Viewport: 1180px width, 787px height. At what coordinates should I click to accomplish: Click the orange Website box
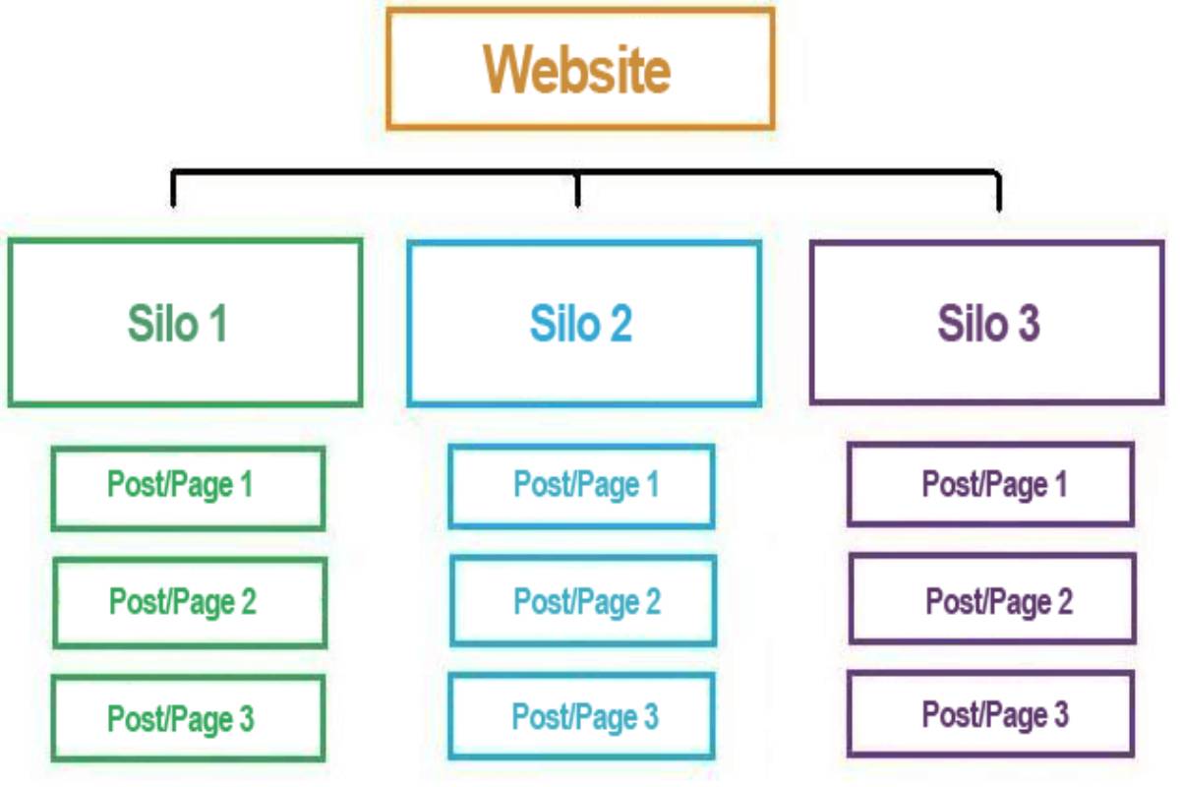pyautogui.click(x=580, y=69)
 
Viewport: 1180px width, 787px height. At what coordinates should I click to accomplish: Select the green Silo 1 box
pyautogui.click(x=186, y=323)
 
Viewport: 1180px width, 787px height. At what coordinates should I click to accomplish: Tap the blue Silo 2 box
pyautogui.click(x=584, y=323)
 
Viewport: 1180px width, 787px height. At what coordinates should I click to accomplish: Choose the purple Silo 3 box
pyautogui.click(x=987, y=323)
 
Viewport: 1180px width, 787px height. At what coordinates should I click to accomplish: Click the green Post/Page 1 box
pyautogui.click(x=188, y=488)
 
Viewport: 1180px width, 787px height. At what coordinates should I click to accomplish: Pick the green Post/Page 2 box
pyautogui.click(x=189, y=602)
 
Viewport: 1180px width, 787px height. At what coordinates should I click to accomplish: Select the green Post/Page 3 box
pyautogui.click(x=188, y=718)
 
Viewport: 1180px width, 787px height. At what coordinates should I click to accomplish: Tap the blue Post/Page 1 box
pyautogui.click(x=582, y=486)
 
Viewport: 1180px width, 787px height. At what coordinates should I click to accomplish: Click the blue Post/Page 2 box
pyautogui.click(x=584, y=600)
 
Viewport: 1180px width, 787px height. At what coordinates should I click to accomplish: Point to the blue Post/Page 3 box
pyautogui.click(x=582, y=716)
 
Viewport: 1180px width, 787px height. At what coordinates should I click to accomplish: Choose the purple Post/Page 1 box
pyautogui.click(x=990, y=484)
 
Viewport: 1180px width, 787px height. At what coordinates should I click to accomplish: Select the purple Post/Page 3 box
pyautogui.click(x=990, y=714)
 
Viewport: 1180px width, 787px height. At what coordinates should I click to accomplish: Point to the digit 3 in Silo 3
pyautogui.click(x=1027, y=324)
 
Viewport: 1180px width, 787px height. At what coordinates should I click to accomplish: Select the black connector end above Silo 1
pyautogui.click(x=174, y=192)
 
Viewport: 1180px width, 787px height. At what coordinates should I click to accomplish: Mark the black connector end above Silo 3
pyautogui.click(x=998, y=195)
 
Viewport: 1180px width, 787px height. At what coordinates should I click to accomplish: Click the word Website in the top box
pyautogui.click(x=578, y=70)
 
